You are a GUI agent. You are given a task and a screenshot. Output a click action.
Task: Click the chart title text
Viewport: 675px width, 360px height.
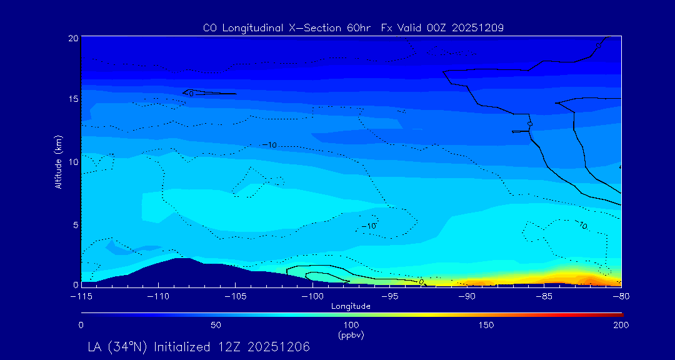[x=353, y=27]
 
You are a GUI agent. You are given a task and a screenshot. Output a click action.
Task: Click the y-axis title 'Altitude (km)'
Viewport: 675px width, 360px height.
[x=58, y=162]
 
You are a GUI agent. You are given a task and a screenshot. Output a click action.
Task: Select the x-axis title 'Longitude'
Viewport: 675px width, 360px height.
[x=351, y=306]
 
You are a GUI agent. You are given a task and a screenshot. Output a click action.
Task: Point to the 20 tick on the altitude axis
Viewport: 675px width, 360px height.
[x=72, y=38]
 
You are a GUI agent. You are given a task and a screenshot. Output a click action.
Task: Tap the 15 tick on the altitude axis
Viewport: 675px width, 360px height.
[x=72, y=99]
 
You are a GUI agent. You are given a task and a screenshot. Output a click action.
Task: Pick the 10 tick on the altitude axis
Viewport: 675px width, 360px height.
[x=72, y=162]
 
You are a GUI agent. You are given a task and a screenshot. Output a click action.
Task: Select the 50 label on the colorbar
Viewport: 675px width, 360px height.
[x=216, y=326]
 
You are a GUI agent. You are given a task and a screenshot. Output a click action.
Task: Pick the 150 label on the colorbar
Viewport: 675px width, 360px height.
[x=486, y=326]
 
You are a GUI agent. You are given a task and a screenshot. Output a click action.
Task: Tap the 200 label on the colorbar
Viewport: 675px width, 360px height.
[x=621, y=326]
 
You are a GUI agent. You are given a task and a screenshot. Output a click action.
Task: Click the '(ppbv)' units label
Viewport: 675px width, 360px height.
[x=351, y=335]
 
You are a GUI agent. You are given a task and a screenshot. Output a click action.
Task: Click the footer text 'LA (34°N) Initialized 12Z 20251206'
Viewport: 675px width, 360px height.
[x=199, y=346]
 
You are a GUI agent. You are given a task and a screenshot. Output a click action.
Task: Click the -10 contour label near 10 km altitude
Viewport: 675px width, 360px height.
[x=269, y=145]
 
